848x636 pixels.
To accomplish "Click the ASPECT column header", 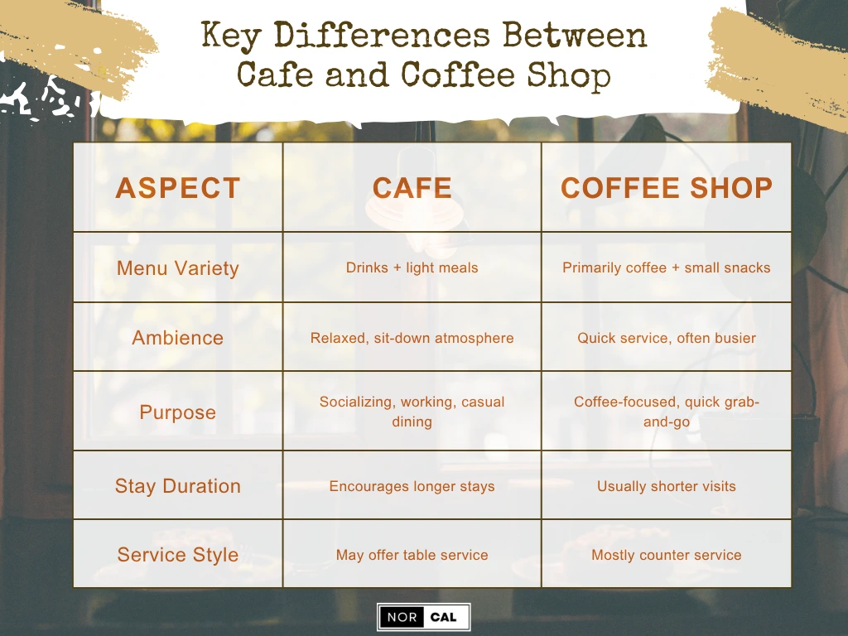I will tap(177, 188).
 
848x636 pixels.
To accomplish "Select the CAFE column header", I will tap(412, 188).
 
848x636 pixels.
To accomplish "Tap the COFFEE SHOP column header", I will tap(666, 188).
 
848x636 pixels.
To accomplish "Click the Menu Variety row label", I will tap(177, 268).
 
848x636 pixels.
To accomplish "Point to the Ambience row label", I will tap(177, 338).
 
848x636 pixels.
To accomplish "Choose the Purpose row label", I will tap(177, 412).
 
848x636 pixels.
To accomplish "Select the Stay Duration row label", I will tap(177, 486).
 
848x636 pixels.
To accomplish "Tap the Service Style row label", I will tap(177, 555).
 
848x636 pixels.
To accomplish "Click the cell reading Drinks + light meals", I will tap(412, 268).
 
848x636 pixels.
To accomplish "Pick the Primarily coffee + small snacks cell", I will tap(666, 268).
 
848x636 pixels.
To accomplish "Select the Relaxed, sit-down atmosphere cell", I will tap(412, 338).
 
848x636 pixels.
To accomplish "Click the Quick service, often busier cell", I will tap(666, 338).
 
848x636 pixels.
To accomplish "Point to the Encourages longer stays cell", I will tap(412, 486).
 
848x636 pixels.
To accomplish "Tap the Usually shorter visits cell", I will tap(666, 486).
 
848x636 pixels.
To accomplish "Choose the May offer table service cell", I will tap(412, 555).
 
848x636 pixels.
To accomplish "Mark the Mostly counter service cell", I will tap(666, 555).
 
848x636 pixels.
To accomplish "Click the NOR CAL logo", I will tap(423, 617).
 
